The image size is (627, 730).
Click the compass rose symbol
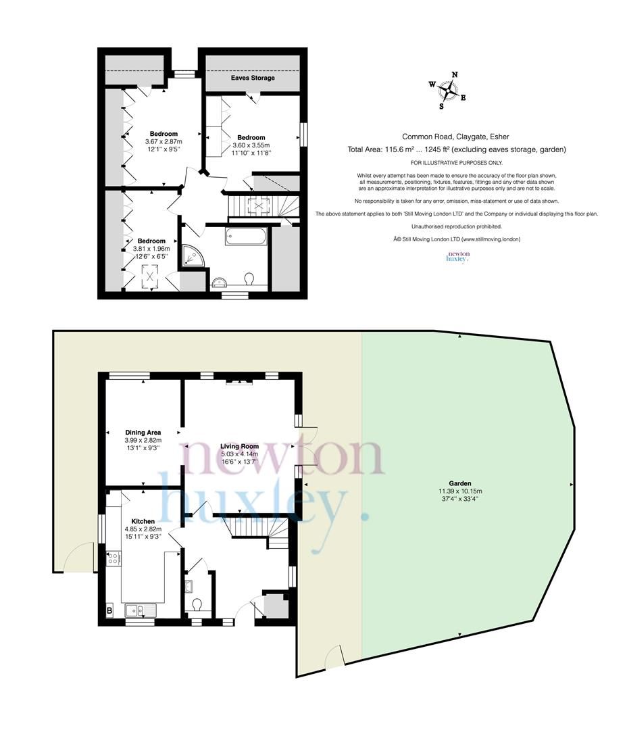[447, 90]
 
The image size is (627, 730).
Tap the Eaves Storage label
[253, 78]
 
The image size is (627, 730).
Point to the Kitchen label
[143, 521]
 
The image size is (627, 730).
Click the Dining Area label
[143, 432]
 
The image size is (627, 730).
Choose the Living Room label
[240, 446]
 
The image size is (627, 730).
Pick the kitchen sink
[141, 611]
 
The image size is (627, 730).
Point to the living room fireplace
[239, 383]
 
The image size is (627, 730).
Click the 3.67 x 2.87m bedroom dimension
[164, 141]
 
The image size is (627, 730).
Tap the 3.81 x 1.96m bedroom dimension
[151, 249]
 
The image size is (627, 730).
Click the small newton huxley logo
[457, 256]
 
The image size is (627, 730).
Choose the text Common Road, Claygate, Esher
[456, 136]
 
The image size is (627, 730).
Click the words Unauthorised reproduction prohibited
[457, 226]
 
